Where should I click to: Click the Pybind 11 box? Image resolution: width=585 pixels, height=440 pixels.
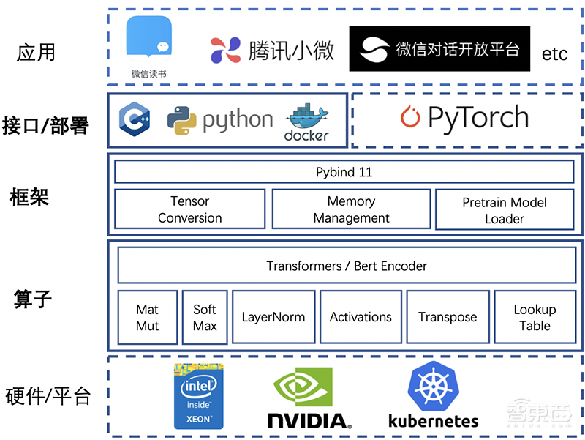tap(344, 172)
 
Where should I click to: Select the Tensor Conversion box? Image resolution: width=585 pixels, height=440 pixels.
tap(189, 209)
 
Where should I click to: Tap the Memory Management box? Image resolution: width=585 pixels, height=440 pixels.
tap(351, 209)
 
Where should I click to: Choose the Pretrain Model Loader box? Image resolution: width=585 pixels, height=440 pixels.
tap(505, 210)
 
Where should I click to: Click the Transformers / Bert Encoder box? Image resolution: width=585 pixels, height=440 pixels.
tap(347, 266)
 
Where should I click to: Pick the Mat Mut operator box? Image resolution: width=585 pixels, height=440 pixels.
tap(147, 317)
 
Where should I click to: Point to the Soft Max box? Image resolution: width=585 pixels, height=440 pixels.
tap(205, 317)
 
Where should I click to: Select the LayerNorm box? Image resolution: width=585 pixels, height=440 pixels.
tap(273, 317)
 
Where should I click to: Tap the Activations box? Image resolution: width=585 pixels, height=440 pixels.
tap(361, 317)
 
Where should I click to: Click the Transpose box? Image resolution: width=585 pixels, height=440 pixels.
tap(448, 317)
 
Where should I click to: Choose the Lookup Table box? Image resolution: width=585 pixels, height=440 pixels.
tap(535, 317)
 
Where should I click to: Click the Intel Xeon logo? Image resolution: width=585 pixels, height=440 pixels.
tap(198, 396)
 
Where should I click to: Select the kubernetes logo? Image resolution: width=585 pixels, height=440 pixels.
tap(433, 396)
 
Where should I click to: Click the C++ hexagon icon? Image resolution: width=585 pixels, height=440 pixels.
tap(135, 119)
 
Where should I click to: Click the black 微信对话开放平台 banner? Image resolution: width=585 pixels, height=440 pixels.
tap(439, 49)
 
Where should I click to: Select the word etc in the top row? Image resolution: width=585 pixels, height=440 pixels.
tap(554, 53)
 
